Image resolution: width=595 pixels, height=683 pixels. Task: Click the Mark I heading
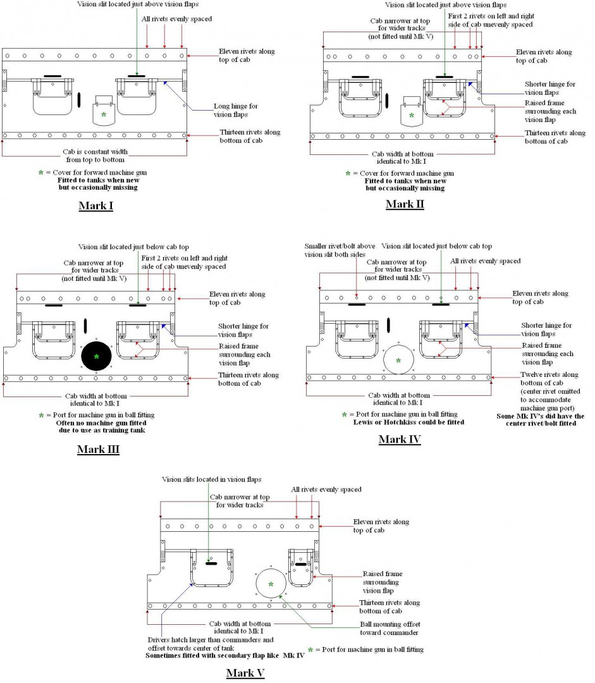pyautogui.click(x=95, y=206)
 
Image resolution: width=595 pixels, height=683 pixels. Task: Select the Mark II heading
pyautogui.click(x=405, y=204)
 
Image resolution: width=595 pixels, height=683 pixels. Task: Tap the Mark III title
pyautogui.click(x=98, y=450)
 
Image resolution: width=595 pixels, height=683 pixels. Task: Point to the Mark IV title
pyautogui.click(x=400, y=440)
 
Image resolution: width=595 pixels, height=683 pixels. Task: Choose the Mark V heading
pyautogui.click(x=245, y=673)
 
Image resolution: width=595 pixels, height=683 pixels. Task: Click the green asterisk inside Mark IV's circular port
pyautogui.click(x=398, y=361)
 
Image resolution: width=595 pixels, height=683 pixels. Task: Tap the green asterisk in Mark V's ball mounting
pyautogui.click(x=271, y=584)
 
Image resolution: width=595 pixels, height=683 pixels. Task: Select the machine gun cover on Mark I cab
pyautogui.click(x=103, y=113)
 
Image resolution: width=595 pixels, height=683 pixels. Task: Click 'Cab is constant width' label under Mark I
pyautogui.click(x=97, y=156)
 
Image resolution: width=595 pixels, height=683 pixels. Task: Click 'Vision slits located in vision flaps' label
pyautogui.click(x=211, y=479)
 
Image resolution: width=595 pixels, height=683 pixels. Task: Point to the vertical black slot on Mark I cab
pyautogui.click(x=80, y=99)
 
